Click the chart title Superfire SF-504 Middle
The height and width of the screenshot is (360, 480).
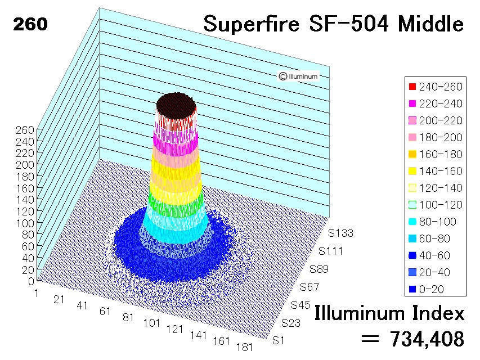click(333, 24)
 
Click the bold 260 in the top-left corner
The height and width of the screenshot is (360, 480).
click(30, 24)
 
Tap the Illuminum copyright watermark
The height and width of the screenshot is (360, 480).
click(298, 76)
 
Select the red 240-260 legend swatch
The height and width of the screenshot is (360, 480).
click(412, 87)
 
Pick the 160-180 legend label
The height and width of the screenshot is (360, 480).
click(441, 154)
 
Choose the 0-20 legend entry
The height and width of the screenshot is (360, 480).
click(426, 289)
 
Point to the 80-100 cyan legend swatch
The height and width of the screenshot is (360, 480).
click(412, 221)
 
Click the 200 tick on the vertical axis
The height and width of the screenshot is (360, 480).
click(25, 165)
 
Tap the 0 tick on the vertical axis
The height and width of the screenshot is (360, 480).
click(31, 281)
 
